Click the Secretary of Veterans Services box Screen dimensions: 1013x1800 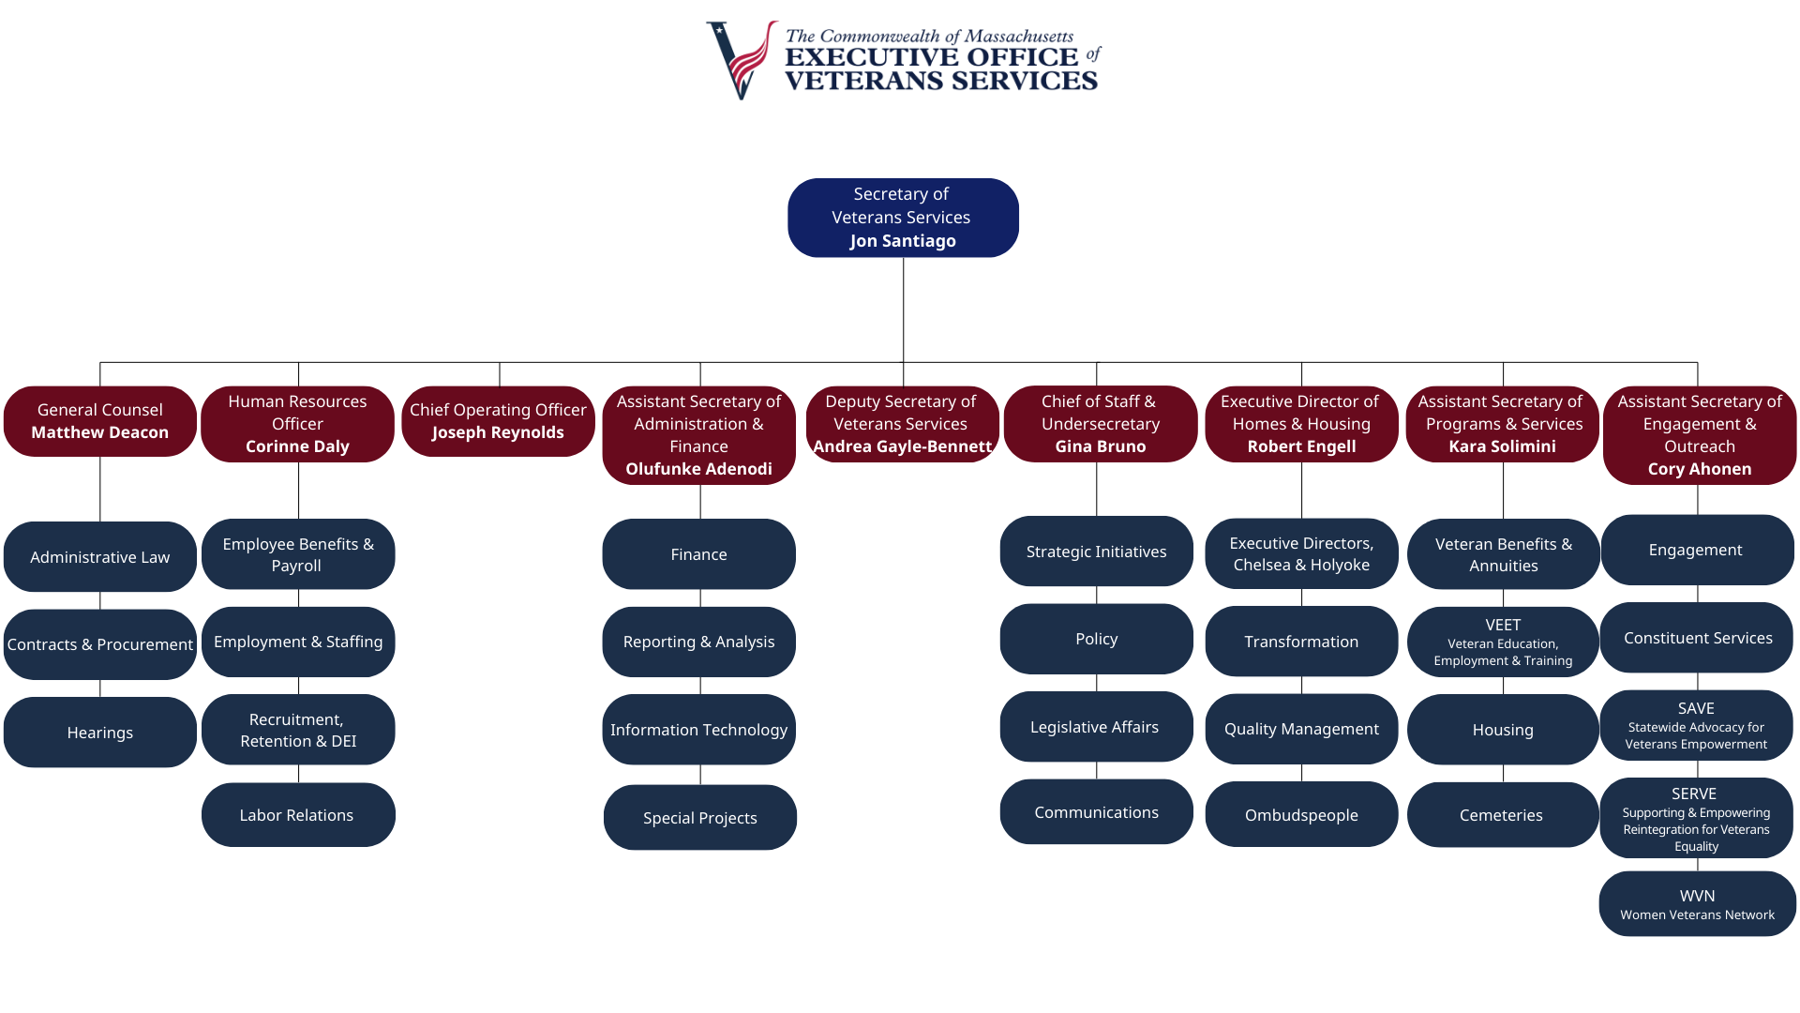tap(903, 218)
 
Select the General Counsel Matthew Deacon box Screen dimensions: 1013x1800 tap(100, 421)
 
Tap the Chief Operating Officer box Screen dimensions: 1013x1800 tap(498, 421)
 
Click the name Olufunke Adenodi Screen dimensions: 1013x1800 tap(698, 469)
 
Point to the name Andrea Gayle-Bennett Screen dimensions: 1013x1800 tap(902, 446)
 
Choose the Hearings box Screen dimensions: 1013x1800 tap(100, 733)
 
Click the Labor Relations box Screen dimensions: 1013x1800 tap(297, 815)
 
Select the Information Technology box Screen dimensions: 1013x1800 tap(698, 730)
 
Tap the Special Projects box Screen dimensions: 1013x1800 tap(699, 818)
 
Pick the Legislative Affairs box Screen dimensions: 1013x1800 tap(1095, 727)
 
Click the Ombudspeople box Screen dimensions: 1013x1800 tap(1301, 815)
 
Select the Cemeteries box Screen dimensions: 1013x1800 tap(1502, 815)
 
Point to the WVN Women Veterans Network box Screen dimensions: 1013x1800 tap(1697, 904)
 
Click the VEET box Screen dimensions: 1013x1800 tap(1503, 642)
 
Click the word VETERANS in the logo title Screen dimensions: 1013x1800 tap(849, 82)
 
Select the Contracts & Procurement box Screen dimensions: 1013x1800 tap(100, 644)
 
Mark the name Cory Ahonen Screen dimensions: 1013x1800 tap(1699, 469)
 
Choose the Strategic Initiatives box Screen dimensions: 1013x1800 tap(1096, 552)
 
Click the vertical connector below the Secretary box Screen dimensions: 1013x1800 tap(903, 310)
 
